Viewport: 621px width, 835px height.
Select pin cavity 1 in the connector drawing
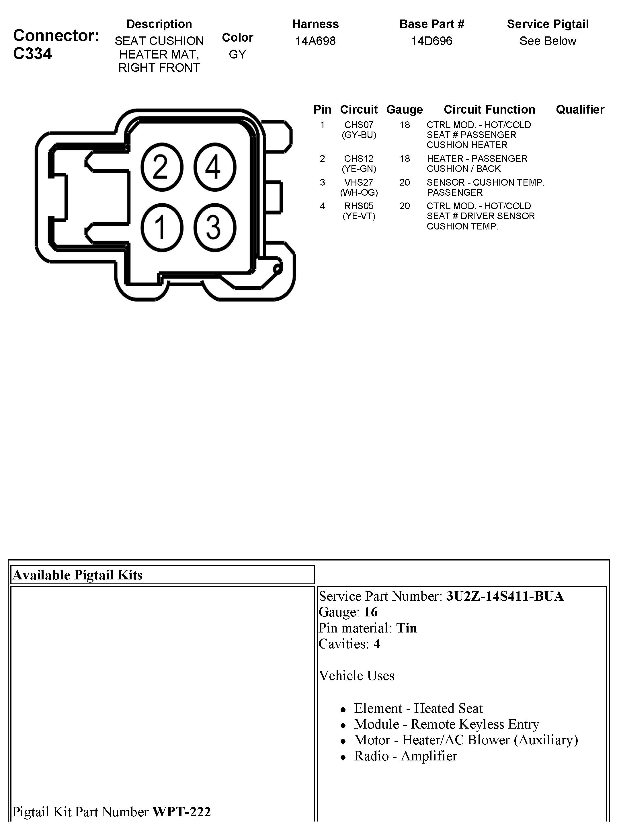162,227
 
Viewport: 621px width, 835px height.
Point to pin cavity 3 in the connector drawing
215,227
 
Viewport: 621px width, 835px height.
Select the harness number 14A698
315,41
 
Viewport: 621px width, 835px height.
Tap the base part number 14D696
431,41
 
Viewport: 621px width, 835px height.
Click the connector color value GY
237,55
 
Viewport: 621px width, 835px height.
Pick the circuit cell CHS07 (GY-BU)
359,130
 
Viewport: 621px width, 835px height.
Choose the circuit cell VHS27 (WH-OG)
359,187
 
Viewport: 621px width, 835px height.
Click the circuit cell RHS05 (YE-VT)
359,211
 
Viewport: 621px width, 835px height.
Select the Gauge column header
405,110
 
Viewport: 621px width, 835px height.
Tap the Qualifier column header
580,110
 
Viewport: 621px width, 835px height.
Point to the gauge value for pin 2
405,159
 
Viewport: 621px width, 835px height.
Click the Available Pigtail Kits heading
78,575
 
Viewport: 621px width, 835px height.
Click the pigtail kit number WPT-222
181,812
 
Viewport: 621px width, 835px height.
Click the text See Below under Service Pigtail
547,41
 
